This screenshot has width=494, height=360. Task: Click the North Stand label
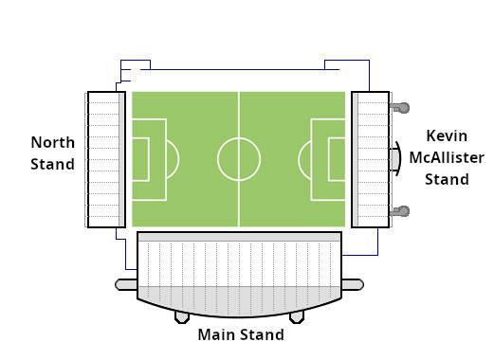tap(53, 153)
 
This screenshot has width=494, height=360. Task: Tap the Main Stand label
tap(241, 334)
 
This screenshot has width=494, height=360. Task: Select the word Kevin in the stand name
tap(447, 136)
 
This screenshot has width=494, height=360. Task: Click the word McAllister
tap(447, 157)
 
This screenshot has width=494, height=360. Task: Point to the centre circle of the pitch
tap(218, 159)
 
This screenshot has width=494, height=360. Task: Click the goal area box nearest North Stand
tap(149, 159)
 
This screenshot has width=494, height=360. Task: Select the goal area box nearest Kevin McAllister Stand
tap(329, 159)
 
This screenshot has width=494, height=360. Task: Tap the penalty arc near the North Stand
tap(179, 159)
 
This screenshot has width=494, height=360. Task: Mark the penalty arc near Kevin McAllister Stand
tap(299, 159)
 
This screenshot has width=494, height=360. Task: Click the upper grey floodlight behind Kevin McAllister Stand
tap(400, 108)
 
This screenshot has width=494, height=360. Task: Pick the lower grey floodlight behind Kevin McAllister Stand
tap(400, 211)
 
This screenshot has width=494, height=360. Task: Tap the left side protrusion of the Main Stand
tap(126, 284)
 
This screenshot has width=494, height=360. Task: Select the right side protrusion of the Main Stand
tap(353, 284)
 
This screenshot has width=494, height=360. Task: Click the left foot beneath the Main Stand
tap(182, 317)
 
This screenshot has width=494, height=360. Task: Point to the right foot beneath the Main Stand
tap(297, 317)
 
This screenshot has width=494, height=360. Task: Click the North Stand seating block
tap(106, 159)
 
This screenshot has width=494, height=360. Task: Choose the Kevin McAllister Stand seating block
tap(370, 159)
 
